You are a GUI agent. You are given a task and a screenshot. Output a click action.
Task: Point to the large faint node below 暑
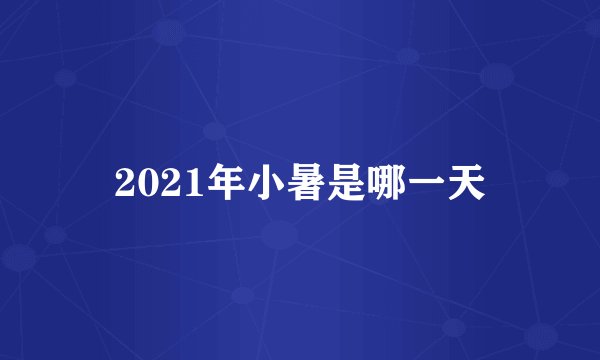point(280,235)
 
